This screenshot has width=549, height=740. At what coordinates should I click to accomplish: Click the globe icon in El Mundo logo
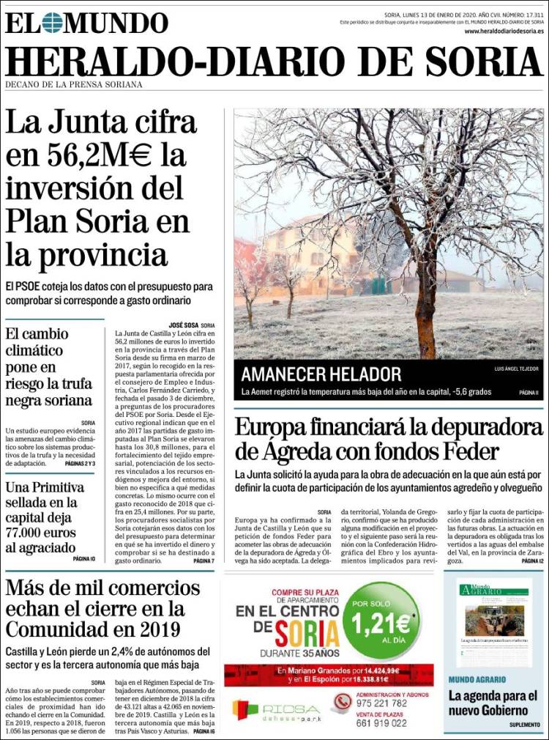click(x=52, y=23)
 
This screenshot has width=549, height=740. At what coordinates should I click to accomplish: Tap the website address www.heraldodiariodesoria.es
click(x=504, y=32)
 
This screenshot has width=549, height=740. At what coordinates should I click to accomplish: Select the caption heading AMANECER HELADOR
click(x=321, y=374)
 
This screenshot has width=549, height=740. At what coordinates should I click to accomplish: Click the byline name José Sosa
click(x=185, y=325)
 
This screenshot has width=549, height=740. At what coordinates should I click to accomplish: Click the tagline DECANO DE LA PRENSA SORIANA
click(x=74, y=84)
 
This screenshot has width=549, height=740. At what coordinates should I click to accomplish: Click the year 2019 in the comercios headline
click(x=144, y=629)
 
